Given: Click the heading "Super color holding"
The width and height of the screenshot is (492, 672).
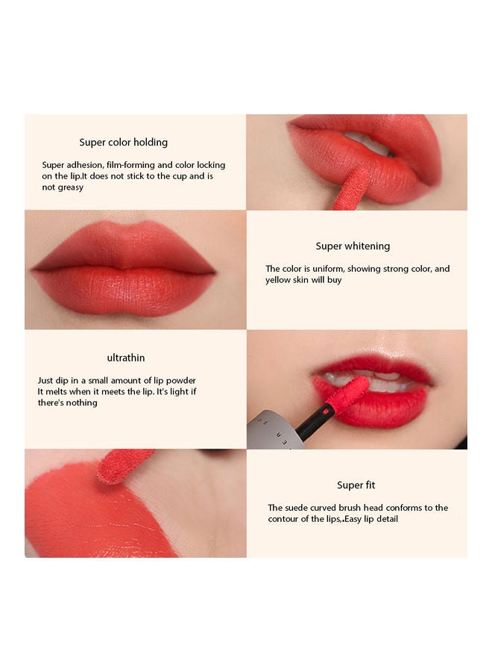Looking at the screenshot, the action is [x=123, y=143].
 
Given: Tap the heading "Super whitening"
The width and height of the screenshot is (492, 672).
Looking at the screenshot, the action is [x=353, y=246].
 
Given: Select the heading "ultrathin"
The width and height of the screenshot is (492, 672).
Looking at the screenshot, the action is [x=126, y=358].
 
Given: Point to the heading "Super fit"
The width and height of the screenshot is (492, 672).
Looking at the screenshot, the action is [x=356, y=485].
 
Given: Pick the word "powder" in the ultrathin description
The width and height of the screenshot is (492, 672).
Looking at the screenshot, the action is [x=180, y=381].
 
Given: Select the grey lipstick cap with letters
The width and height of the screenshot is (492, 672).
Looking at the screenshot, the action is [x=274, y=430].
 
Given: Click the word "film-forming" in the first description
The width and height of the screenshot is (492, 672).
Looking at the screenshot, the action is [x=131, y=165].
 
